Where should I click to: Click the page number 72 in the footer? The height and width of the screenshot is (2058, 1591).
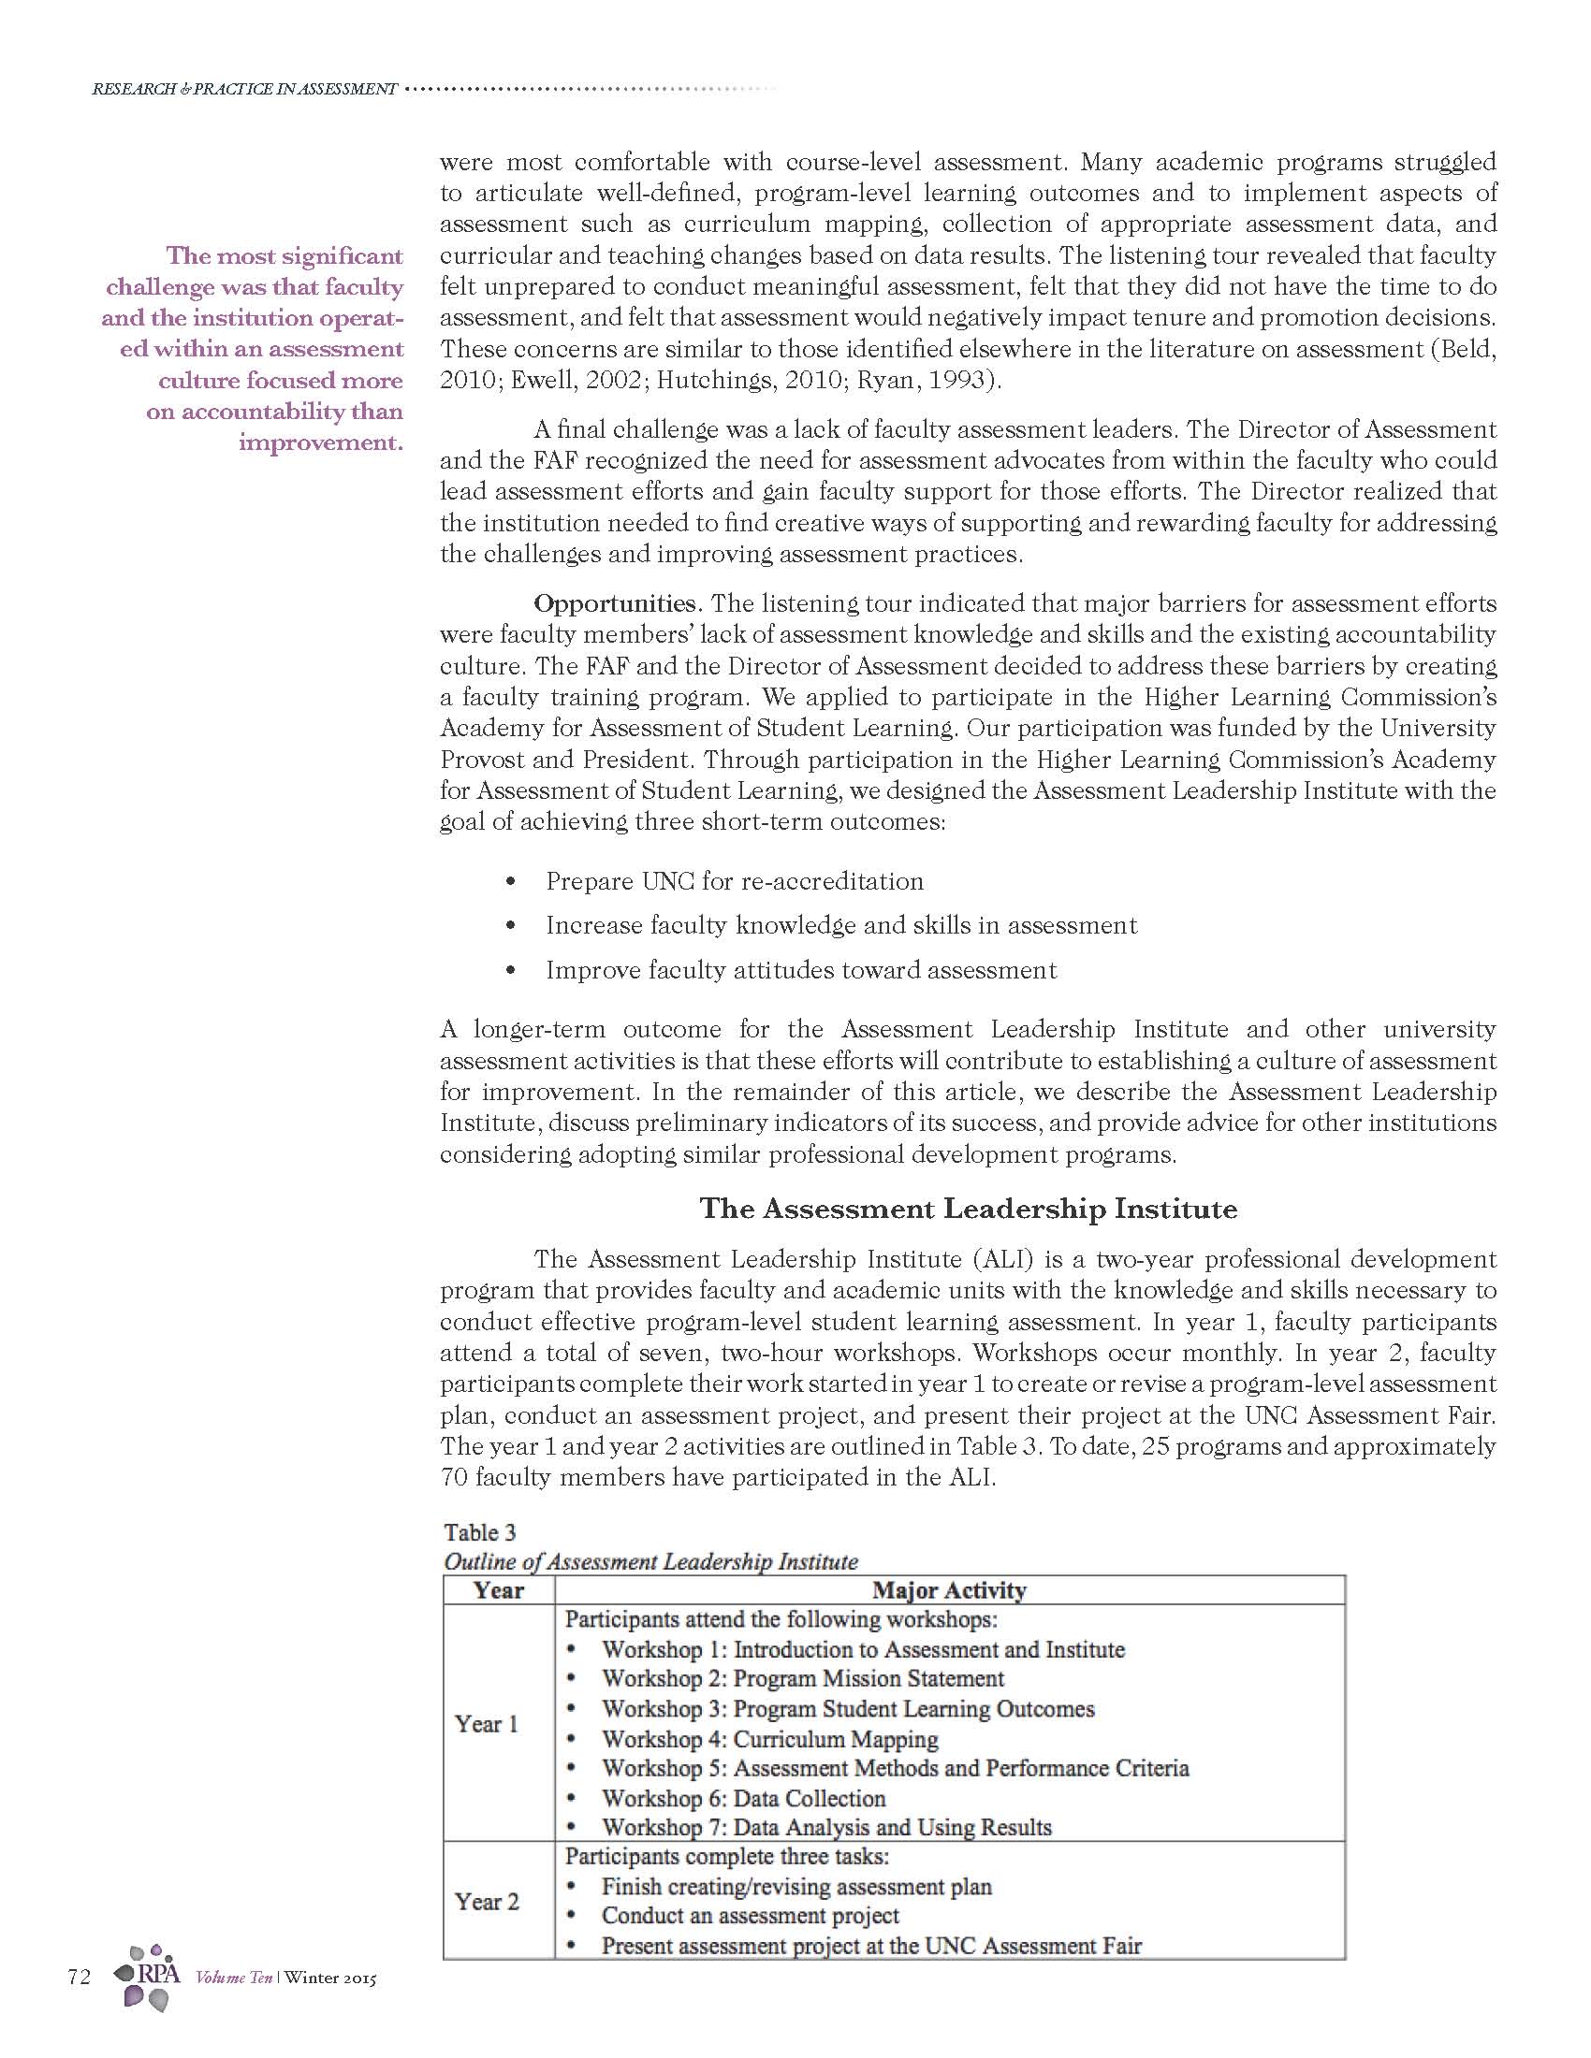(80, 1977)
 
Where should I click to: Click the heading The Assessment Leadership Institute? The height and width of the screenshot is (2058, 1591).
(968, 1209)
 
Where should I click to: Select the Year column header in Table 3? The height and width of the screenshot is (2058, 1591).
(499, 1590)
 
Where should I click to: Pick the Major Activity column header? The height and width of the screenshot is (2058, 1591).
(949, 1590)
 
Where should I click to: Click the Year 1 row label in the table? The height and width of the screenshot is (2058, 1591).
(487, 1723)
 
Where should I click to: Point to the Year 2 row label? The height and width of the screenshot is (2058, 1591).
(487, 1902)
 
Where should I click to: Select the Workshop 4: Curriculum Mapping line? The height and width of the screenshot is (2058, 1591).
(769, 1739)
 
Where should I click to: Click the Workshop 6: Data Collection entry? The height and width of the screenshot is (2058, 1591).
(743, 1798)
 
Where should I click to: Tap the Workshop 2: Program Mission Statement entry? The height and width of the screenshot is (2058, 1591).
(802, 1678)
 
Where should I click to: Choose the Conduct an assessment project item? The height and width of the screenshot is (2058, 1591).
(751, 1916)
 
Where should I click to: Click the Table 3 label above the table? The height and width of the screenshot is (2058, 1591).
(480, 1532)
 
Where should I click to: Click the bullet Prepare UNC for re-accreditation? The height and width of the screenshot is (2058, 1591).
(735, 881)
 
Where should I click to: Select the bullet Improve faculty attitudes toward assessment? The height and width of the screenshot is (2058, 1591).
(801, 970)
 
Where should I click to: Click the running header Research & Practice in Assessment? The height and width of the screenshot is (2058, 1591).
(244, 89)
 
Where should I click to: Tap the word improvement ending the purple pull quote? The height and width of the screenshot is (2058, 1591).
(319, 442)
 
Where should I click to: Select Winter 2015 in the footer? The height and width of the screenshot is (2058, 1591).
(329, 1978)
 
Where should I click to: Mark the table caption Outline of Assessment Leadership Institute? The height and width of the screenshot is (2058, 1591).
(650, 1561)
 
